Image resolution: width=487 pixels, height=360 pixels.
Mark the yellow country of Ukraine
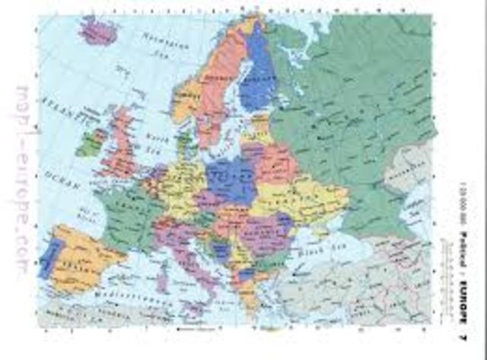(301, 199)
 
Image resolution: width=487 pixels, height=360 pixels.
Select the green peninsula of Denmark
(183, 143)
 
